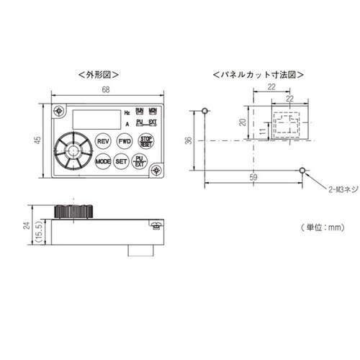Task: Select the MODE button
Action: coord(102,162)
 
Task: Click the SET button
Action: coord(122,162)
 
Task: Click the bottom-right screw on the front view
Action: coord(158,169)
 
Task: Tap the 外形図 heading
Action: coord(99,74)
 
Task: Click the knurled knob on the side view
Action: coord(74,211)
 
